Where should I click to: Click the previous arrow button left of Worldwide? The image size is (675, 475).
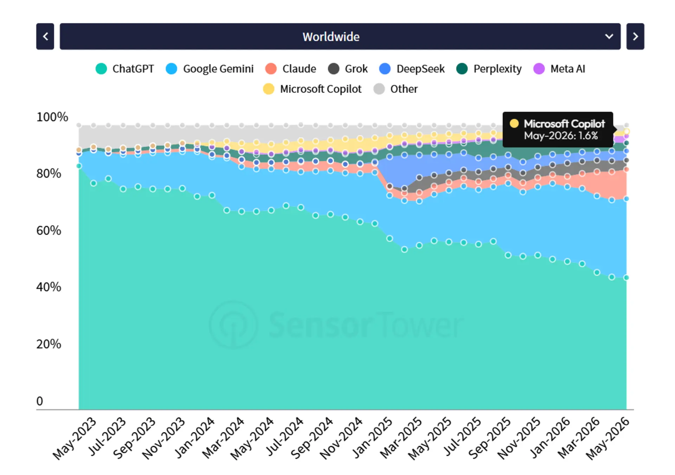tap(45, 37)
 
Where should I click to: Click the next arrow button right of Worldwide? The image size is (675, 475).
tap(635, 37)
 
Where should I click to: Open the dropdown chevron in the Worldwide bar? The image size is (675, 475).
tap(609, 37)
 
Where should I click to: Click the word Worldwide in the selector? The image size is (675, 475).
tap(331, 37)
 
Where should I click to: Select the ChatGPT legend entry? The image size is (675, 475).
tap(125, 69)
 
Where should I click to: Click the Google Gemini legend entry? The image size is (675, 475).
tap(210, 69)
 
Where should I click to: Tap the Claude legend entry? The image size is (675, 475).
tap(291, 69)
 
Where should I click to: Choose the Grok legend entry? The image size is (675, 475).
tap(348, 69)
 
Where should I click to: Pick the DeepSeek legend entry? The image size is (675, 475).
tap(412, 69)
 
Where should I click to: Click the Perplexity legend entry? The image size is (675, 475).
tap(489, 69)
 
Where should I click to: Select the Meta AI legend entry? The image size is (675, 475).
tap(559, 69)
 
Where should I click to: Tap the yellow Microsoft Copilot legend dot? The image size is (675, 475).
tap(269, 89)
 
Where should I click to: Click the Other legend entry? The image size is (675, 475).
tap(396, 89)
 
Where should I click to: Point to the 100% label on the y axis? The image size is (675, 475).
tap(52, 117)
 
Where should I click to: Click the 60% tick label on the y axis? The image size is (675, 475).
tap(49, 230)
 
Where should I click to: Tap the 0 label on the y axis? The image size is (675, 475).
tap(40, 401)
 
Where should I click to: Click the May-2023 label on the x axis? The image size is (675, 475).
tap(75, 438)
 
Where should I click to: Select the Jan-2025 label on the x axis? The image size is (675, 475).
tap(372, 438)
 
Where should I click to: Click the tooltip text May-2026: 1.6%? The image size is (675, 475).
tap(561, 136)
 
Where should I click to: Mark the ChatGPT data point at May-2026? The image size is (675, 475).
tap(626, 278)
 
